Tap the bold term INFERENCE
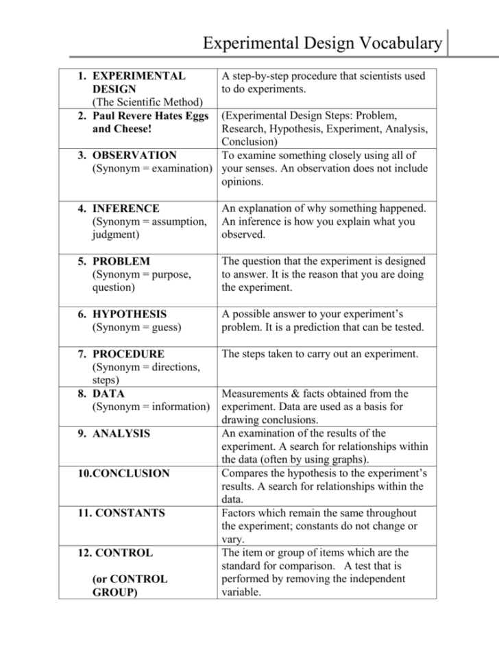126,208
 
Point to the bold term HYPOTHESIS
129,314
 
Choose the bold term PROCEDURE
128,354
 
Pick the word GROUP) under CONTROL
114,592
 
